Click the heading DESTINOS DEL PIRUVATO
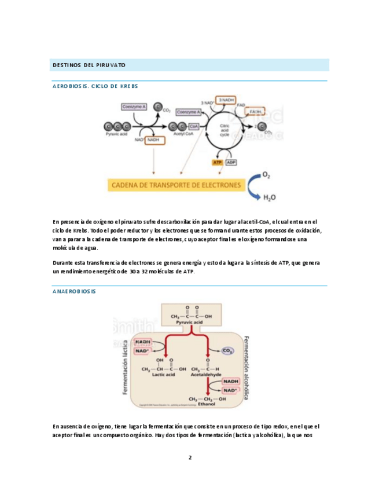(x=89, y=64)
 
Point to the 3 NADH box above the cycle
(x=227, y=100)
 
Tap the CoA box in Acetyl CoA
(x=194, y=126)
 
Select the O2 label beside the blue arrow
(x=266, y=175)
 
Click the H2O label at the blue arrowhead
(x=269, y=197)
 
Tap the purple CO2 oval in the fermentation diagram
(x=228, y=351)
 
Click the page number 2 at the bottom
(x=189, y=457)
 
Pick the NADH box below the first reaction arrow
(x=153, y=140)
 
